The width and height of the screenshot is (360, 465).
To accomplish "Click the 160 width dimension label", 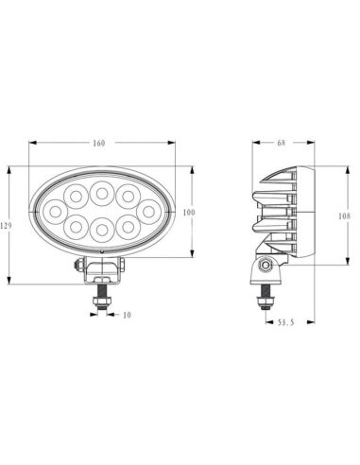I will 99,143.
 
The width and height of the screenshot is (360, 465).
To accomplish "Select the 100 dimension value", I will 188,213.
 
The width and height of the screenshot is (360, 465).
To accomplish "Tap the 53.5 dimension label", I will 286,322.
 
